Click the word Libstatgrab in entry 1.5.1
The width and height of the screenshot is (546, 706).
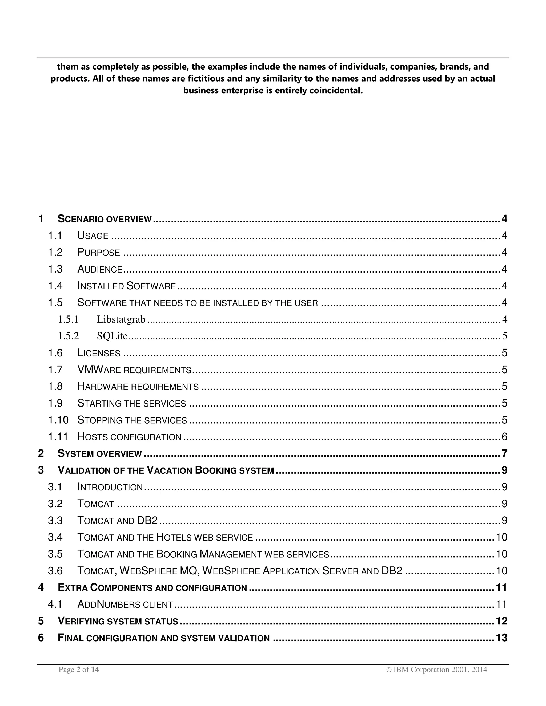coord(121,319)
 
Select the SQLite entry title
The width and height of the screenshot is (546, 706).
coord(112,336)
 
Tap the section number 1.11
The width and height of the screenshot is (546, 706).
coord(58,437)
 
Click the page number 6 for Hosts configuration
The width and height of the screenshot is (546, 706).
coord(504,437)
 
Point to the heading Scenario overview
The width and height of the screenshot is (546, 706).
coord(105,219)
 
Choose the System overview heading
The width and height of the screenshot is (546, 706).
coord(100,453)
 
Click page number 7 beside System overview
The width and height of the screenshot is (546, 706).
coord(504,453)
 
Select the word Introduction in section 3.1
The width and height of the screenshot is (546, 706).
coord(110,487)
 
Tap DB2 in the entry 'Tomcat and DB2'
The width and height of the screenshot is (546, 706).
coord(147,521)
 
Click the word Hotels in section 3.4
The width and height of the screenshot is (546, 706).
coord(174,537)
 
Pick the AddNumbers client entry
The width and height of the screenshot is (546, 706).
coord(125,604)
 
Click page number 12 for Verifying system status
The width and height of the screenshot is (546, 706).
coord(501,621)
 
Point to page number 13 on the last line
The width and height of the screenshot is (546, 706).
coord(501,638)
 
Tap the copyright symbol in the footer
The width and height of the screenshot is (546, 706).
coord(389,670)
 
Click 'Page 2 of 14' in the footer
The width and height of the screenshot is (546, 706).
coord(79,670)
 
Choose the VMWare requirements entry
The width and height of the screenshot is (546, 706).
coord(134,370)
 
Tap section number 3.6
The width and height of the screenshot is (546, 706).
coord(55,571)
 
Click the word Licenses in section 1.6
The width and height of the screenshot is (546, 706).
coord(99,353)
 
